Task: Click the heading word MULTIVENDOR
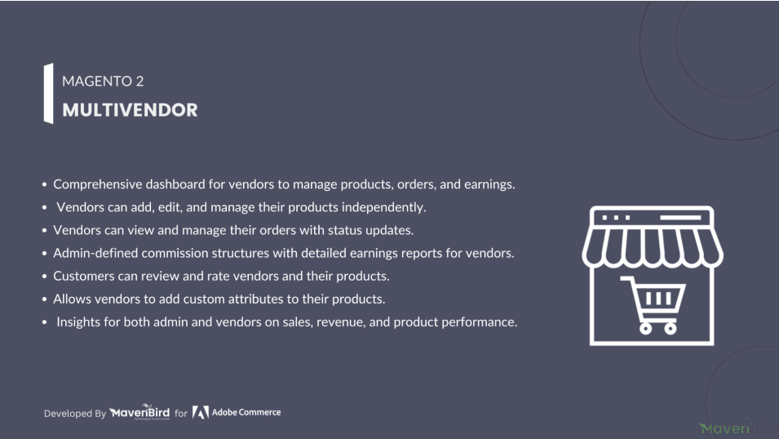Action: tap(130, 110)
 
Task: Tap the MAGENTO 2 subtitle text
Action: tap(103, 81)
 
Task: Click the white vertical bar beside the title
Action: tap(49, 93)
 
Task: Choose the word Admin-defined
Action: tap(95, 253)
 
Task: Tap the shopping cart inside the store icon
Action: tap(653, 304)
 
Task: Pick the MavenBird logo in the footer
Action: tap(139, 411)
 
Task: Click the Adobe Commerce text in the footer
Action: tap(246, 412)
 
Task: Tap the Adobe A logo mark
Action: tap(200, 412)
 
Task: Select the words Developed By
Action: tap(75, 414)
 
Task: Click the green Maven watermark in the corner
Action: tap(724, 428)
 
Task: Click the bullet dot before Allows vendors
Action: tap(44, 299)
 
